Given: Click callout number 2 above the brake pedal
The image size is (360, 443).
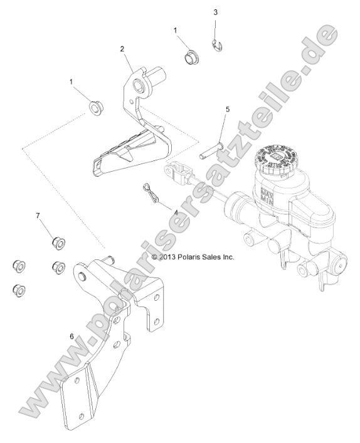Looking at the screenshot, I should pyautogui.click(x=122, y=48).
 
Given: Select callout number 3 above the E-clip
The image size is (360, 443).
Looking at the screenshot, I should pyautogui.click(x=216, y=12).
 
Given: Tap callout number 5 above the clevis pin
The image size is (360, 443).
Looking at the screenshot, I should pyautogui.click(x=227, y=109).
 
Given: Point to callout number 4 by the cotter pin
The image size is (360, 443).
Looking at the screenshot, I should pyautogui.click(x=176, y=212).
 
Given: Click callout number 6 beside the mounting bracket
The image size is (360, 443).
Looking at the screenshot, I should pyautogui.click(x=71, y=336).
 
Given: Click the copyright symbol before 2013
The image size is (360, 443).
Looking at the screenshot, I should pyautogui.click(x=154, y=256).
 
